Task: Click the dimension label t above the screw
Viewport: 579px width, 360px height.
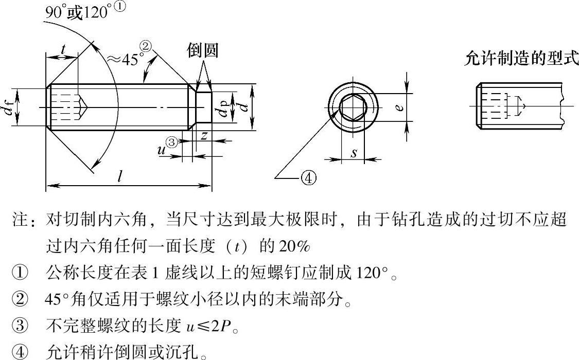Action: click(x=63, y=49)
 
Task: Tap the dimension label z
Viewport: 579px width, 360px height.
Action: click(x=204, y=136)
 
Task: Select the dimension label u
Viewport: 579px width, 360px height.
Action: click(x=161, y=150)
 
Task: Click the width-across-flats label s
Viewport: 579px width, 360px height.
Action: click(x=354, y=152)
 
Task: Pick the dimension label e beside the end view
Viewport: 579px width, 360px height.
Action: click(x=398, y=107)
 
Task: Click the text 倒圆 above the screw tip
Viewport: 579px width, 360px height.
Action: click(x=202, y=50)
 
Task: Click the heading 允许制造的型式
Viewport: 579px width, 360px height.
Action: click(x=521, y=58)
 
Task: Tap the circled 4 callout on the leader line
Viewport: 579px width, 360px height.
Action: click(x=309, y=178)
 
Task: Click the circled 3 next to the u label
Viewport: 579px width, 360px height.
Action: click(x=172, y=143)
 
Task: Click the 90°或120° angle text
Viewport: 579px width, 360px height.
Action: click(x=78, y=13)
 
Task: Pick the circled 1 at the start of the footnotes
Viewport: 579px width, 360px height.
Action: click(x=19, y=273)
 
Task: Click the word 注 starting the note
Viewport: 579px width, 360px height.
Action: click(x=20, y=219)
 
